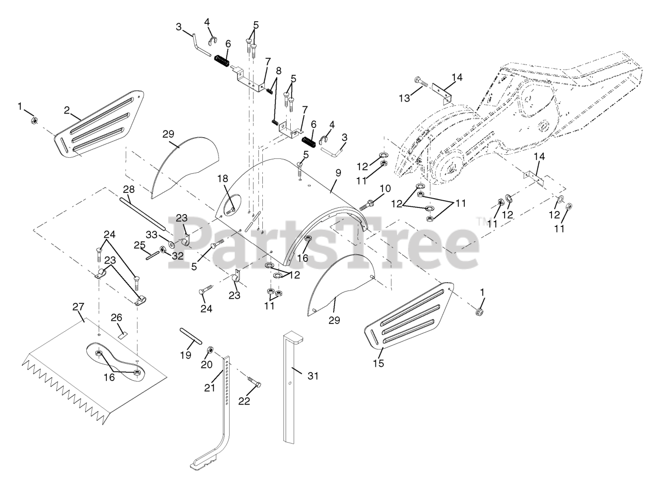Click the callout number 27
point(78,306)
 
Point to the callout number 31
point(313,376)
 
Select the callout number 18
point(222,178)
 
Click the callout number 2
point(67,110)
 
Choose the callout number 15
point(379,364)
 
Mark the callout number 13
point(405,98)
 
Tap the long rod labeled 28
point(142,213)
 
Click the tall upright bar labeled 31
point(291,387)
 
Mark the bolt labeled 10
point(366,204)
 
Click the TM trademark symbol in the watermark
point(481,221)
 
